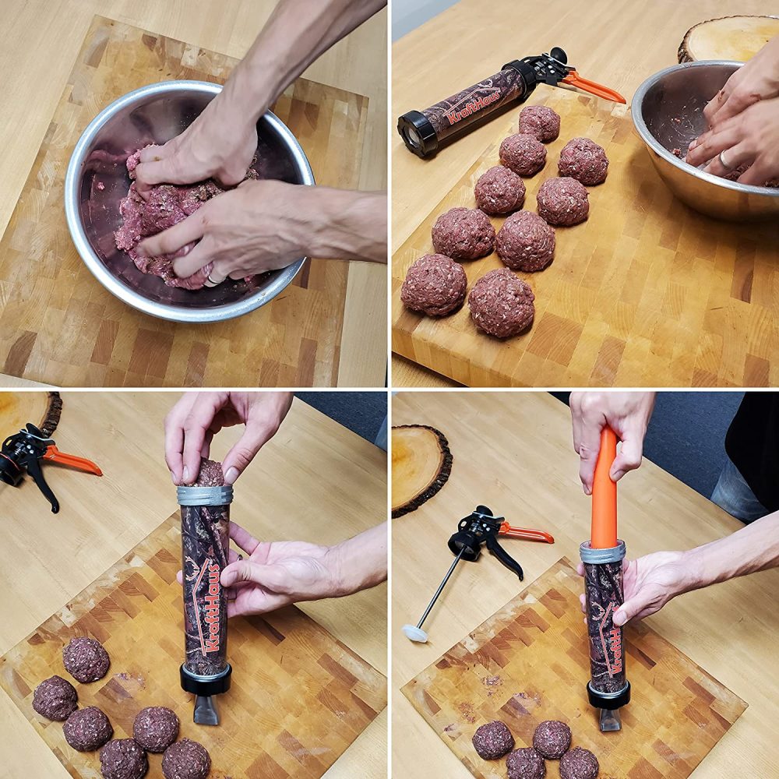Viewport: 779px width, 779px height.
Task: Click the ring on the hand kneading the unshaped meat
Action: [x=215, y=279]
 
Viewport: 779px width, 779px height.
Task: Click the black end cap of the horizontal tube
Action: [x=418, y=133]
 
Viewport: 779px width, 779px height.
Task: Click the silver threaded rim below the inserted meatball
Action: [x=205, y=495]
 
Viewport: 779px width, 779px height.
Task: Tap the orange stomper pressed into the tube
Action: [x=605, y=488]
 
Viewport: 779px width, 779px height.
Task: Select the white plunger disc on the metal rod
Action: [x=414, y=633]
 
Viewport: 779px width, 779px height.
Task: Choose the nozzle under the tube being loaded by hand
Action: [x=206, y=710]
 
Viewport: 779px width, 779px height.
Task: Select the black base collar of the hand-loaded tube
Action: [x=206, y=679]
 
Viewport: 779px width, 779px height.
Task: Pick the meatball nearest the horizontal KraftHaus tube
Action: [x=540, y=123]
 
